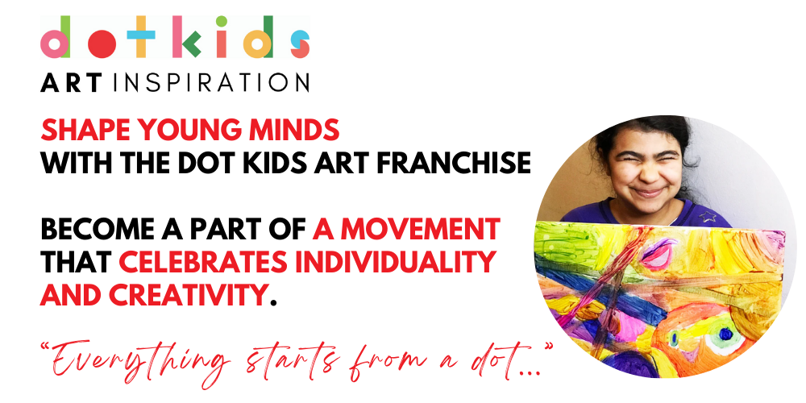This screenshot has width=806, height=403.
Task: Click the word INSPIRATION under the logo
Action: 214,82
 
